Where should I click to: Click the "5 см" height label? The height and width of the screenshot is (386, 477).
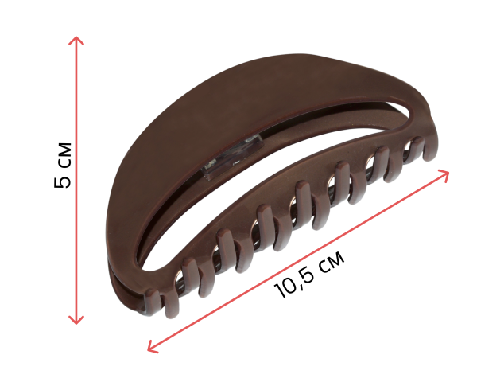point(63,165)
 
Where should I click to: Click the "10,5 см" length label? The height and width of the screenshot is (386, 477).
point(309,275)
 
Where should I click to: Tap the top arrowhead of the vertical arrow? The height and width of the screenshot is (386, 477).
point(76,41)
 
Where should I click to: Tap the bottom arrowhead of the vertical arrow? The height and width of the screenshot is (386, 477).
point(76,320)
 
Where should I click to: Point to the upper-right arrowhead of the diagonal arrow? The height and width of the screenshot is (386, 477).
point(444,175)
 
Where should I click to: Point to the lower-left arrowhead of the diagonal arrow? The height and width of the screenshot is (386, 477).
point(152,348)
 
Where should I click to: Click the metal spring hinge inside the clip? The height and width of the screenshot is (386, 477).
point(233,158)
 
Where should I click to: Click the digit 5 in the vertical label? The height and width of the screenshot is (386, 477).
point(63,181)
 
